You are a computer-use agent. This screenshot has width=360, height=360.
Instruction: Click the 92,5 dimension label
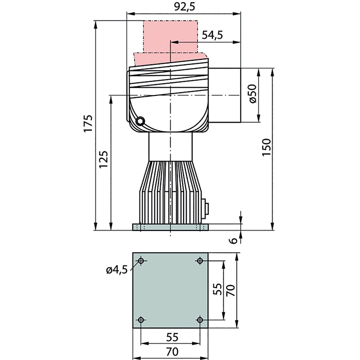click(x=184, y=7)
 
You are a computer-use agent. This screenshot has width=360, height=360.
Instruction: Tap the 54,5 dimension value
click(x=212, y=35)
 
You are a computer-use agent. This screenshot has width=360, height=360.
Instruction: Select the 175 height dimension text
click(x=88, y=123)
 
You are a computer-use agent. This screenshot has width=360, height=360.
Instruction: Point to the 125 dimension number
click(x=103, y=159)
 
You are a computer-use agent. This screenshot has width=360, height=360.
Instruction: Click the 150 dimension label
click(x=266, y=148)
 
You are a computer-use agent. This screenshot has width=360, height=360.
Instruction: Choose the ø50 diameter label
click(x=252, y=94)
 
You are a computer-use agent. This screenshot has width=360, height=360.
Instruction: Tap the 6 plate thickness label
click(x=234, y=240)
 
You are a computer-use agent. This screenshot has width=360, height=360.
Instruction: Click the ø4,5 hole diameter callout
click(x=117, y=270)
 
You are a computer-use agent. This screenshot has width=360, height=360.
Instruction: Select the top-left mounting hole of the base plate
click(x=141, y=261)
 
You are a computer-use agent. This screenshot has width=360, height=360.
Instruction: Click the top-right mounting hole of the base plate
click(x=200, y=261)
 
